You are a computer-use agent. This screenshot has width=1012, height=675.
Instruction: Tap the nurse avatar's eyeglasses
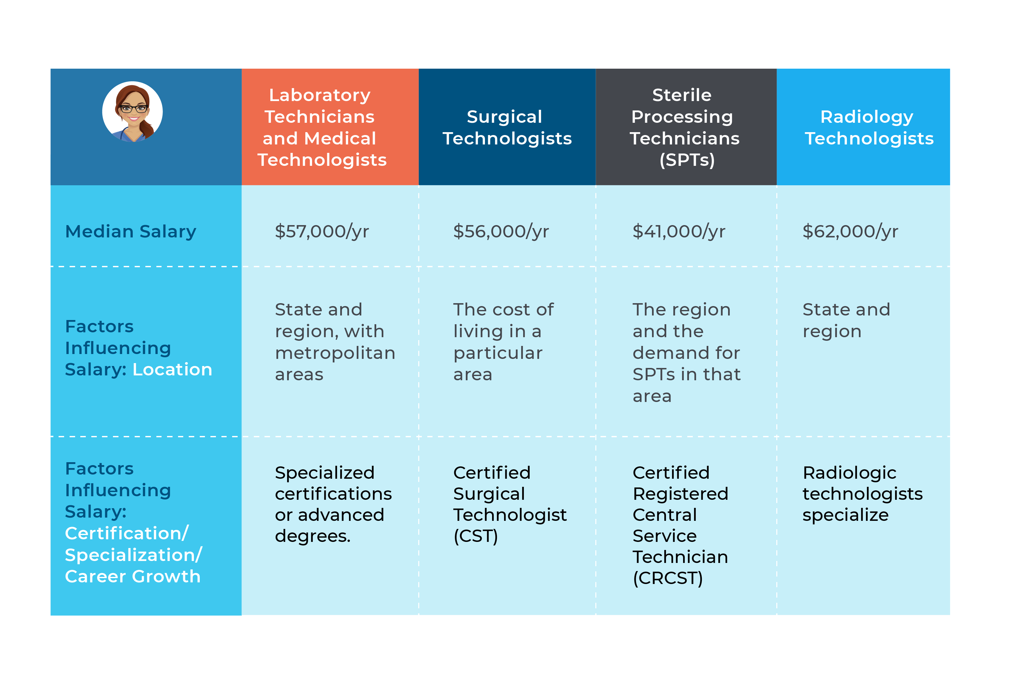133,109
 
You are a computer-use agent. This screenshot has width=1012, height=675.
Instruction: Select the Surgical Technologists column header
507,127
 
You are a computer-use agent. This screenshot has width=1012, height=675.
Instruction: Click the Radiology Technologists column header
869,127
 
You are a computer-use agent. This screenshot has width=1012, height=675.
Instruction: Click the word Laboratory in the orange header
320,95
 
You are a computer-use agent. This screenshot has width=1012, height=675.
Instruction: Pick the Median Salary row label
130,232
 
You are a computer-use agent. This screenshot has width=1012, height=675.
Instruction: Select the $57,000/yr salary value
322,232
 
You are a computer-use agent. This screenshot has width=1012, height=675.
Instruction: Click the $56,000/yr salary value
501,232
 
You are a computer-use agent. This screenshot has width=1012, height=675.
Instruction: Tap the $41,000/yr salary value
679,232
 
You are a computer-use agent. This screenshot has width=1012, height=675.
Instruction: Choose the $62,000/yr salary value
850,232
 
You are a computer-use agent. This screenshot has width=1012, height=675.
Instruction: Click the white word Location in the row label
172,369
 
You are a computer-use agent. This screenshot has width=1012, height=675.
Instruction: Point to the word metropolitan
335,353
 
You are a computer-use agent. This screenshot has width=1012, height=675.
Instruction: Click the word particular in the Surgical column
498,353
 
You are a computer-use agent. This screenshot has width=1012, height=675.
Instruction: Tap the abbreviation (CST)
476,536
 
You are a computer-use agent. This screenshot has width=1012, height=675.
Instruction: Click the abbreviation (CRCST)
667,578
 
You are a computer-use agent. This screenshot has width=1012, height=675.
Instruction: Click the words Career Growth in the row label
132,577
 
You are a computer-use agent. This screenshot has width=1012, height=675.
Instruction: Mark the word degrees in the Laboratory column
313,536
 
